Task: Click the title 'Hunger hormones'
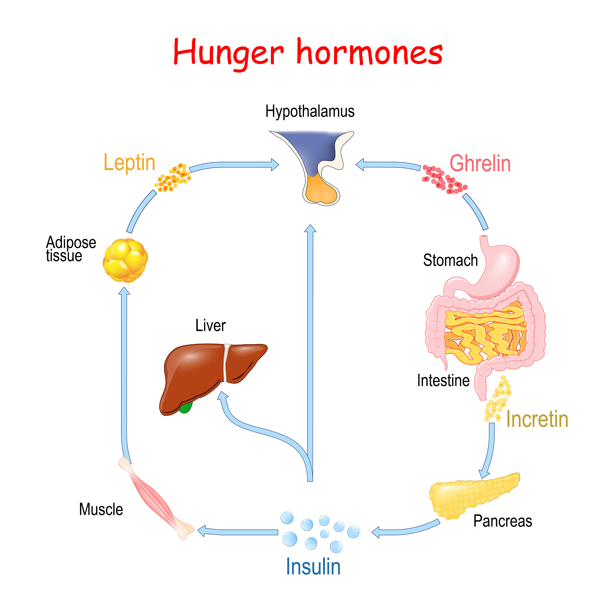click(x=308, y=53)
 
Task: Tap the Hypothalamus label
click(x=310, y=111)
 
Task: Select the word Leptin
click(x=129, y=163)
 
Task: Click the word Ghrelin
click(x=480, y=163)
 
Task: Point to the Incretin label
click(x=537, y=419)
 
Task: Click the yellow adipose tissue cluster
click(x=125, y=260)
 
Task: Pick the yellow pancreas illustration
click(x=471, y=496)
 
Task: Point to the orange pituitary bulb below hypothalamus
click(x=320, y=190)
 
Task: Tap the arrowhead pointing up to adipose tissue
click(x=124, y=291)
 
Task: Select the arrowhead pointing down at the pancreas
click(x=484, y=474)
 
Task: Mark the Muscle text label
click(x=101, y=510)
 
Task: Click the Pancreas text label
click(x=502, y=521)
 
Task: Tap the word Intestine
click(x=443, y=380)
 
